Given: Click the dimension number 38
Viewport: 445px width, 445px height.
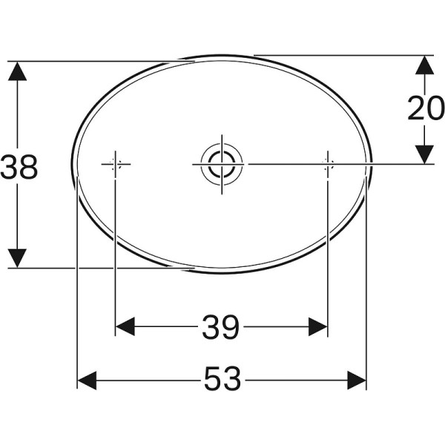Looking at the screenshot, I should pos(19,167).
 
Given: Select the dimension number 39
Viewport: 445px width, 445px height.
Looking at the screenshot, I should pos(221,326).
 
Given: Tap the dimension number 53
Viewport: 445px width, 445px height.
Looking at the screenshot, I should pos(222,381).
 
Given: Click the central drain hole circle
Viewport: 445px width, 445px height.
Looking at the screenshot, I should pos(221,163).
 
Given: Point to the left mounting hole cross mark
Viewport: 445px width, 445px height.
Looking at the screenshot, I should pos(114,164).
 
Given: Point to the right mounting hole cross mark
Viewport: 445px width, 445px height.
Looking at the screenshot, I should pos(328,164).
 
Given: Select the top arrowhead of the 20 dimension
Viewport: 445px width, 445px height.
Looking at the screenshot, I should pos(423,65).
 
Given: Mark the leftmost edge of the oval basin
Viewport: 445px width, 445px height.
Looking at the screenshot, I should pos(73,164).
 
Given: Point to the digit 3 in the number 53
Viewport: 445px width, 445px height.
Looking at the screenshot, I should pos(232,381).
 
